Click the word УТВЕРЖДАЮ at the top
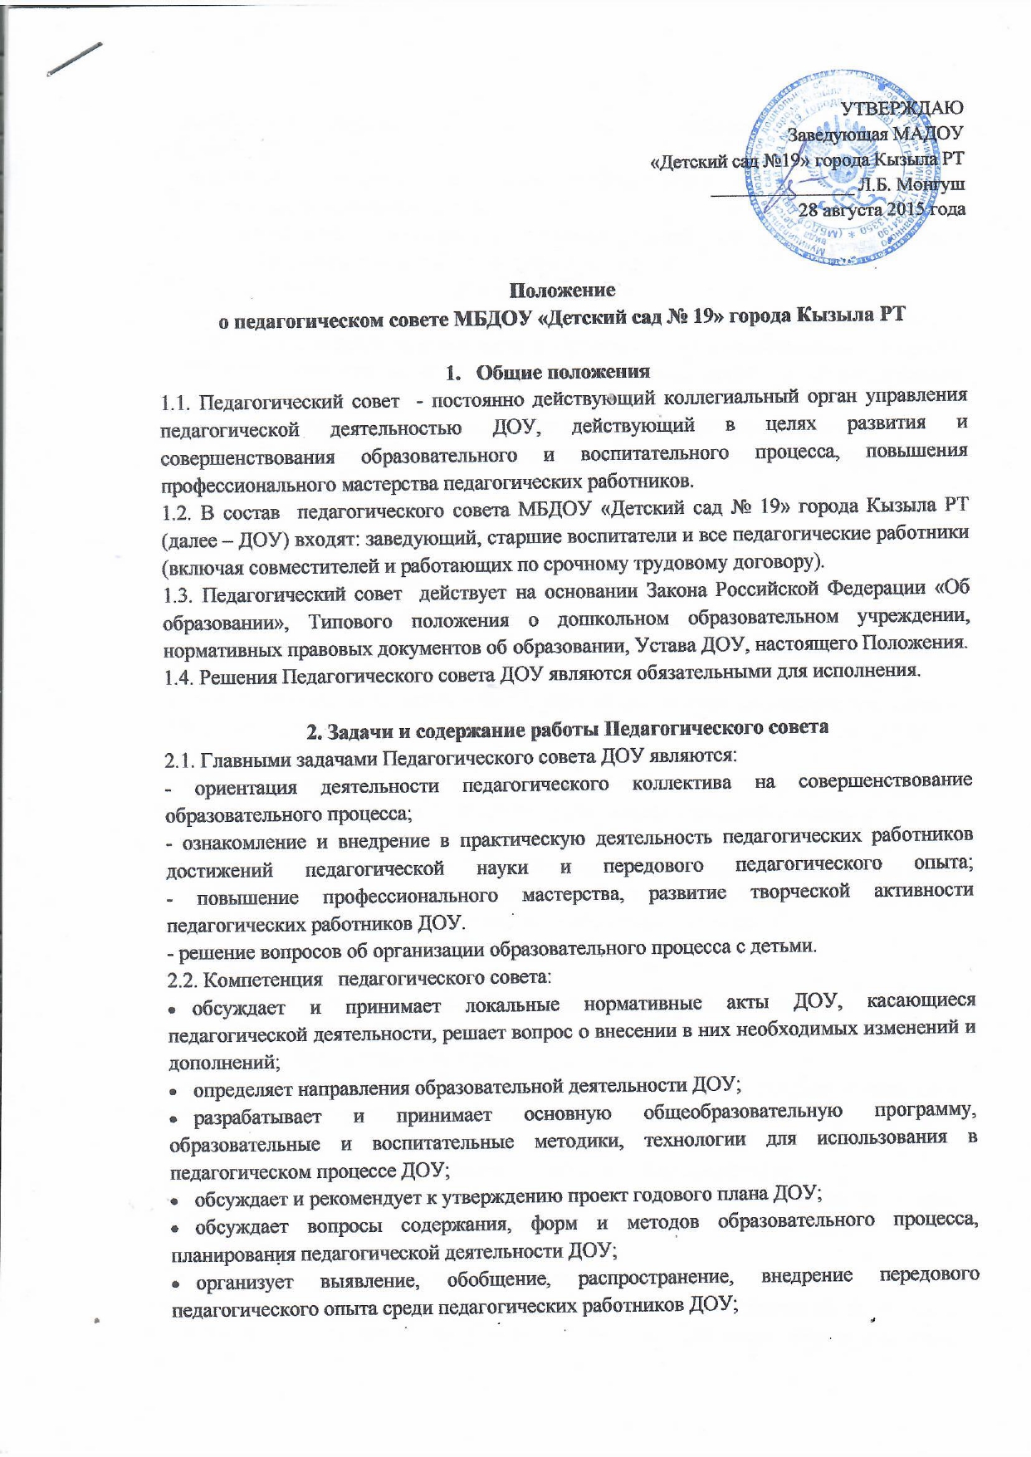pyautogui.click(x=902, y=107)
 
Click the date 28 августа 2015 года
pyautogui.click(x=882, y=209)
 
